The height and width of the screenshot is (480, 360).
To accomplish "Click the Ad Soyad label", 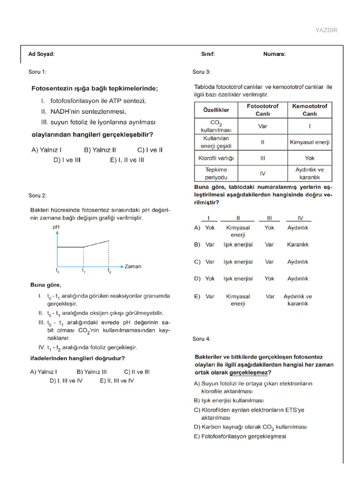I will click(41, 54).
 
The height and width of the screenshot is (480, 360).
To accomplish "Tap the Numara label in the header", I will click(274, 54).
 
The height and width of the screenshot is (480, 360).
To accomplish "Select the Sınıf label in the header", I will click(208, 54).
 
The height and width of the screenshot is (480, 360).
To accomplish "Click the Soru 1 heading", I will click(37, 72).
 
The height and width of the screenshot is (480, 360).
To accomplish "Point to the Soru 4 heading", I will click(202, 339).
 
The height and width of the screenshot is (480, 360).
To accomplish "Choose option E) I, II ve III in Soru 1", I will click(127, 160).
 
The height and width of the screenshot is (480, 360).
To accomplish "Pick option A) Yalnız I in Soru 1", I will click(46, 150).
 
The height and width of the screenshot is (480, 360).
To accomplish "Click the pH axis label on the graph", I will click(56, 227).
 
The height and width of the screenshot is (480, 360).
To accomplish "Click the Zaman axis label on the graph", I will click(132, 267).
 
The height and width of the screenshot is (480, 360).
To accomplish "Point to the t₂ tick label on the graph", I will click(109, 271).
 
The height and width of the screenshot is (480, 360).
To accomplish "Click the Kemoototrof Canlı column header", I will click(309, 110).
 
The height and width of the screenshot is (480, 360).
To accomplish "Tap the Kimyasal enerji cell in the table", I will click(309, 142).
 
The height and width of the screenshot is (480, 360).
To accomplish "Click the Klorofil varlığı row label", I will click(216, 158).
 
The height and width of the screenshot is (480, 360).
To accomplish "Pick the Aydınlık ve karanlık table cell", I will click(309, 173).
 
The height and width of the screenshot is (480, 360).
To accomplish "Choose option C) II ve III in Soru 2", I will click(137, 372).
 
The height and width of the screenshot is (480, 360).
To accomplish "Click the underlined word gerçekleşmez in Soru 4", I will click(249, 373).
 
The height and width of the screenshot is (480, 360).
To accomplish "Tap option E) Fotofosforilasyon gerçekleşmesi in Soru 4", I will click(240, 436).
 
